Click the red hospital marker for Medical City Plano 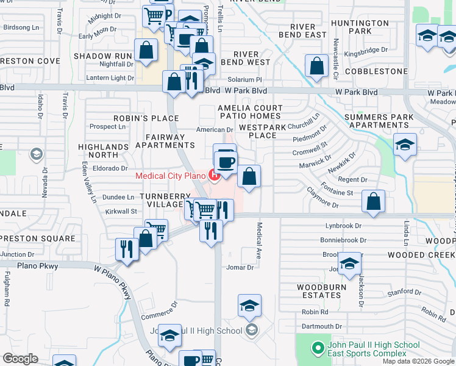214,176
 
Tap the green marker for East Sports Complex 317,349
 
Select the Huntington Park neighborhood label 360,27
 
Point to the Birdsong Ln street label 21,27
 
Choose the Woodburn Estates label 321,291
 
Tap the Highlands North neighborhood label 103,151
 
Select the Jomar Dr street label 240,267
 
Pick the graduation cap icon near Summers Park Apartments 403,145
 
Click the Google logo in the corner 20,359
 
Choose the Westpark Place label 262,131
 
